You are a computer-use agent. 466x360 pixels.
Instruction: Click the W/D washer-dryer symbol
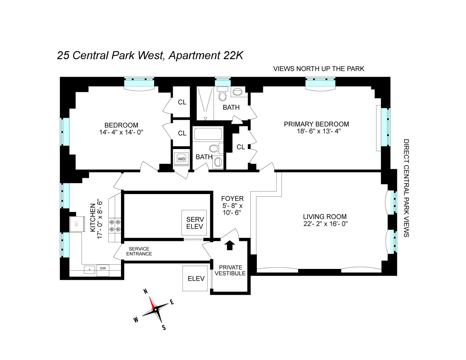(x=182, y=159)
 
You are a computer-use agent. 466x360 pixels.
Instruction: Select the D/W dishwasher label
(x=103, y=268)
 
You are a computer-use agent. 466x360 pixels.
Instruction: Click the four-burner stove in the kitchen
(x=115, y=226)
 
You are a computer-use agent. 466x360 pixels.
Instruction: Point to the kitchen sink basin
(x=89, y=269)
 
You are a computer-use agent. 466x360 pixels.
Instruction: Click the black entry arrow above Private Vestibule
(x=229, y=245)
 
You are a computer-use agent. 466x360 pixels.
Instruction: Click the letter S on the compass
(x=164, y=328)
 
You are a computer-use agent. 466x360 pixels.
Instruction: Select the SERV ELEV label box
(x=194, y=223)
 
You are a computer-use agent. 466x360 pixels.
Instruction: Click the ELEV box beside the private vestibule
(x=195, y=278)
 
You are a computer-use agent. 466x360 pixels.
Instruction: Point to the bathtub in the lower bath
(x=208, y=134)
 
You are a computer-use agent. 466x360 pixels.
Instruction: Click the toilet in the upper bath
(x=223, y=94)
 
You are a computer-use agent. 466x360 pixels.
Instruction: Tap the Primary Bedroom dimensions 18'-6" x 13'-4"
(x=319, y=131)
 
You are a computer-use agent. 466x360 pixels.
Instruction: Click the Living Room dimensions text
(x=325, y=224)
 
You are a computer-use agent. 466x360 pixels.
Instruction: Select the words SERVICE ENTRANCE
(x=139, y=251)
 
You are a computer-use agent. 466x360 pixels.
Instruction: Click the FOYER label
(x=232, y=198)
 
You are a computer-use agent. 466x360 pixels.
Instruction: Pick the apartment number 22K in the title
(x=233, y=55)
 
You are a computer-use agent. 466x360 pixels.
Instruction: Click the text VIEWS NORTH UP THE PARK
(x=318, y=69)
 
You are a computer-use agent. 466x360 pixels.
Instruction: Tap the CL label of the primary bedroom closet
(x=241, y=147)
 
